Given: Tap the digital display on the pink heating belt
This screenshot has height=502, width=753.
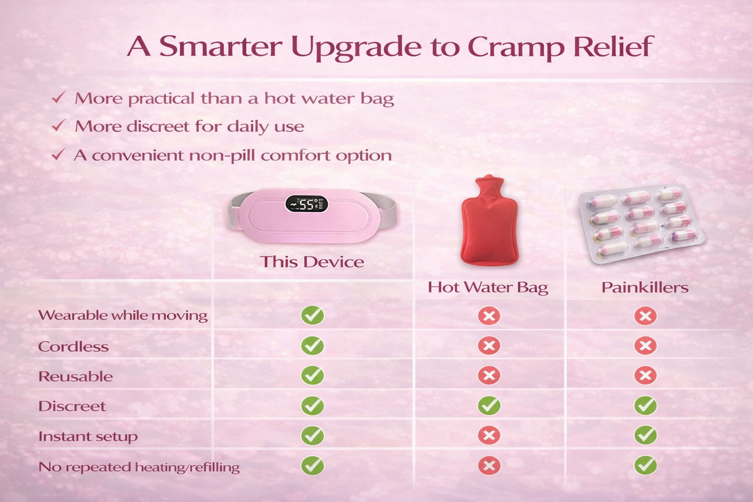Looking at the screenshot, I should pyautogui.click(x=306, y=204).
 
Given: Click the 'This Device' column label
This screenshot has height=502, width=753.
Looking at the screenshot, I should pyautogui.click(x=312, y=262).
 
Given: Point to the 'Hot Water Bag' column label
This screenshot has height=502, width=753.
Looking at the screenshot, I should pyautogui.click(x=488, y=288).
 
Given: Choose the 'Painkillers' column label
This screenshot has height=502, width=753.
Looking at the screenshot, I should pyautogui.click(x=645, y=288).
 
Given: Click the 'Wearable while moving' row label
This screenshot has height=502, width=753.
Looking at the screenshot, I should pyautogui.click(x=122, y=315).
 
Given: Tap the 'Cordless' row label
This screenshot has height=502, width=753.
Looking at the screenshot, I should pyautogui.click(x=73, y=347).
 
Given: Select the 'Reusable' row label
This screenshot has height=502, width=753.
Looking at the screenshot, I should pyautogui.click(x=76, y=376).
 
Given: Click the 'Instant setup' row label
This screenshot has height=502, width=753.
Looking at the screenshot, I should pyautogui.click(x=88, y=436).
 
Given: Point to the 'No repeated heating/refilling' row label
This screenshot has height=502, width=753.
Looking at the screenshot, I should pyautogui.click(x=139, y=467).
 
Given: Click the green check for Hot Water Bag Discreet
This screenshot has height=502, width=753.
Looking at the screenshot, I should pyautogui.click(x=489, y=406).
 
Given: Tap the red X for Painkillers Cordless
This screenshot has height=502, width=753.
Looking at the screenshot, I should pyautogui.click(x=645, y=346).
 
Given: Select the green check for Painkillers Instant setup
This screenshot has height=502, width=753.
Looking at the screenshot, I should pyautogui.click(x=645, y=435).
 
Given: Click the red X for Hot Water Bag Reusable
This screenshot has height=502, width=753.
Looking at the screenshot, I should pyautogui.click(x=489, y=375).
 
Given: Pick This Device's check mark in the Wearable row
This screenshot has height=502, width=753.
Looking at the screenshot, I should pyautogui.click(x=312, y=315).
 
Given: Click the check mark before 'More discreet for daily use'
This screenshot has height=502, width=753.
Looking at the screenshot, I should pyautogui.click(x=59, y=126).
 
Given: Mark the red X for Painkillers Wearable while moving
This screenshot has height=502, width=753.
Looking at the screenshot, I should pyautogui.click(x=645, y=315).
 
